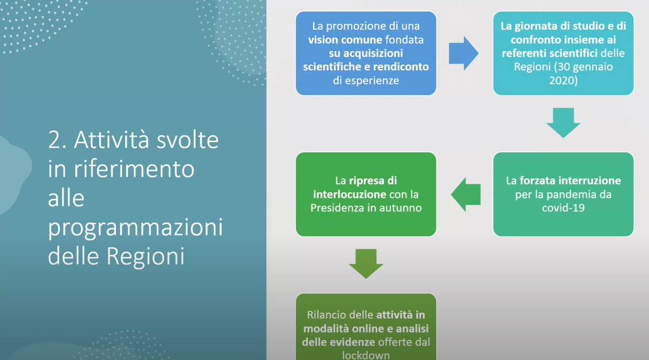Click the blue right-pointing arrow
pyautogui.click(x=463, y=53)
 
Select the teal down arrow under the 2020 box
pyautogui.click(x=563, y=123)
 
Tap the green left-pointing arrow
pyautogui.click(x=466, y=194)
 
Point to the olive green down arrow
pyautogui.click(x=366, y=264)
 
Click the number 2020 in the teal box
pyautogui.click(x=563, y=80)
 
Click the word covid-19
pyautogui.click(x=563, y=207)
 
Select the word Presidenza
pyautogui.click(x=337, y=207)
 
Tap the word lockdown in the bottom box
pyautogui.click(x=366, y=355)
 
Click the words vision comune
pyautogui.click(x=345, y=40)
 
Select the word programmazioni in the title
pyautogui.click(x=135, y=228)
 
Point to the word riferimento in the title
pyautogui.click(x=134, y=169)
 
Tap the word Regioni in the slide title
pyautogui.click(x=145, y=256)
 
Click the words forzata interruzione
pyautogui.click(x=571, y=181)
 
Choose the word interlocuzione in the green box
pyautogui.click(x=350, y=194)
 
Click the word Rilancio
pyautogui.click(x=327, y=315)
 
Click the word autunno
pyautogui.click(x=402, y=207)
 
